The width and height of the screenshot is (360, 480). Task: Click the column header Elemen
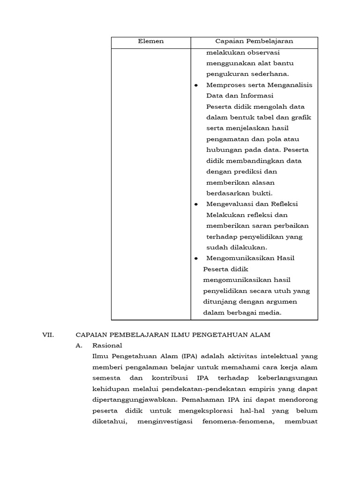coord(151,42)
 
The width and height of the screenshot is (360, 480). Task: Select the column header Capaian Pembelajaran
coord(254,42)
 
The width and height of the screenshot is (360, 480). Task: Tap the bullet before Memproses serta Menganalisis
coord(196,85)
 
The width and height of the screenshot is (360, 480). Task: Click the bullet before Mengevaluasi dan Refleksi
coord(196,204)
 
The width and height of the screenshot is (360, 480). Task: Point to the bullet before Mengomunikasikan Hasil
coord(196,258)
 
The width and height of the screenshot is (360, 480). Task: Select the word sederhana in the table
coord(270,74)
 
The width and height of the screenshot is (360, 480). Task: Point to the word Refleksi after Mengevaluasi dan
coord(283,204)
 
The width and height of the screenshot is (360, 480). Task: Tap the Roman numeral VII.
coord(49,335)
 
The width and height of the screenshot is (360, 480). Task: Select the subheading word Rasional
coord(107,345)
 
